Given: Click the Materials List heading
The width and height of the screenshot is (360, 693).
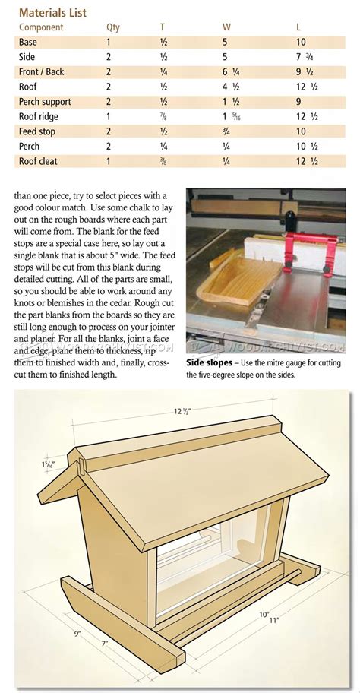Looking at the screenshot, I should [52, 12].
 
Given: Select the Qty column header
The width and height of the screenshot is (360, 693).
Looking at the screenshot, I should [112, 27].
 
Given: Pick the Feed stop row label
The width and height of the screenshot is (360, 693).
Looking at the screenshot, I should [39, 131].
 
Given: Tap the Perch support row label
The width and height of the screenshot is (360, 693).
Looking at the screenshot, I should [46, 101].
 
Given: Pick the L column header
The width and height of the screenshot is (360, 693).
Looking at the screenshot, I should [298, 27].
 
